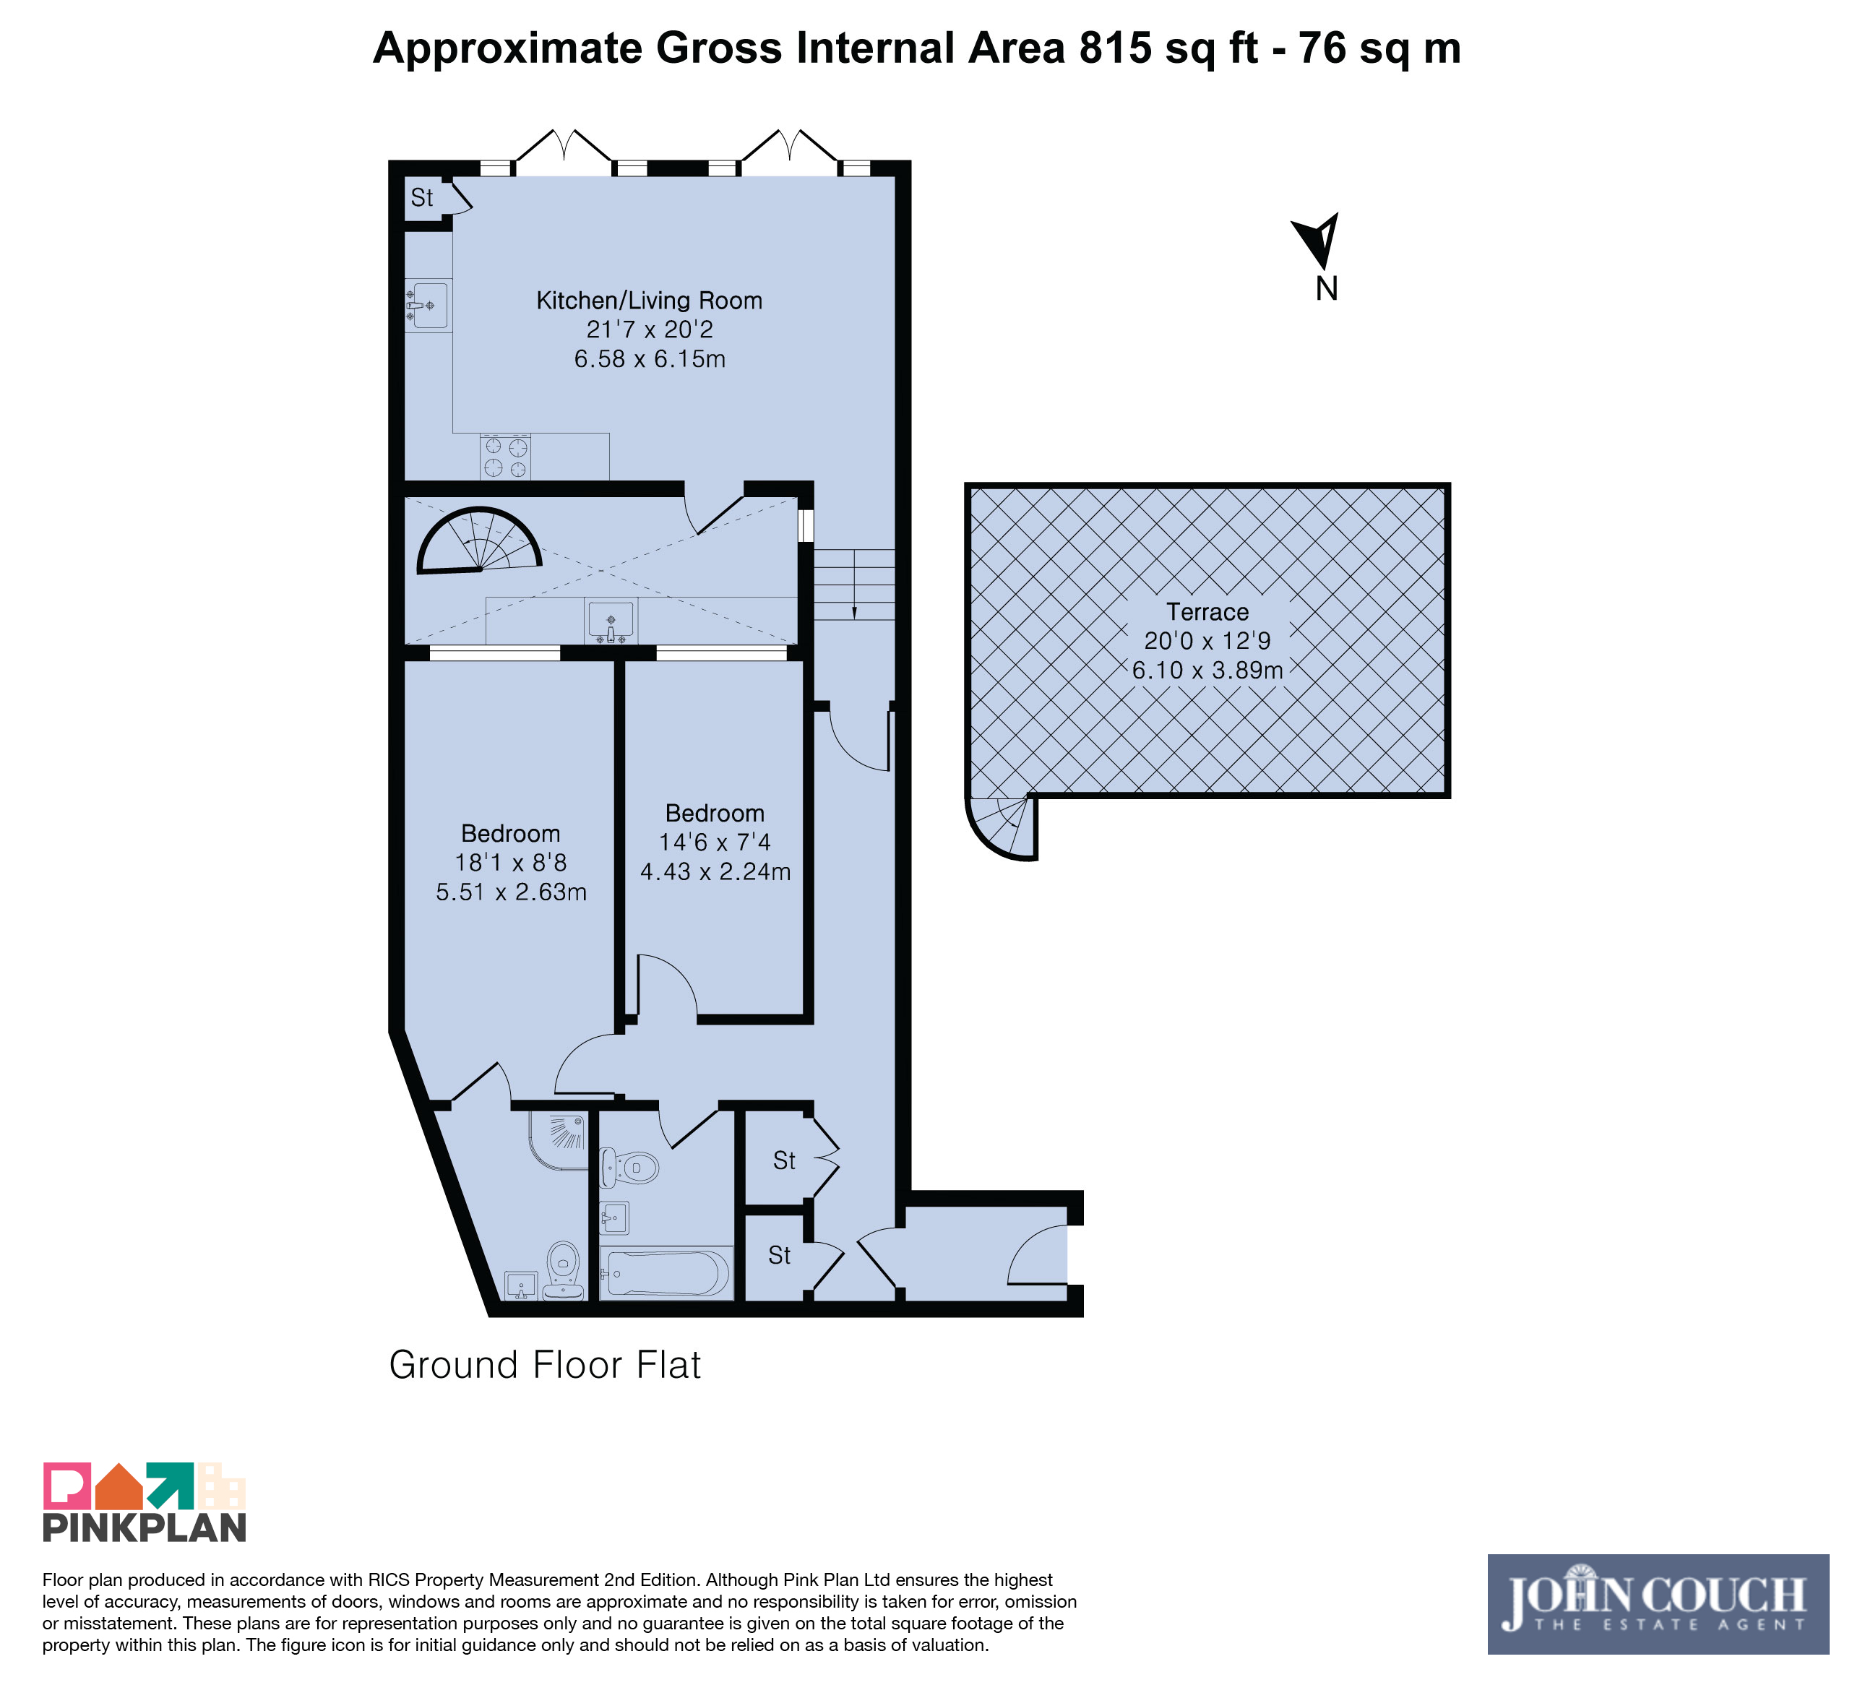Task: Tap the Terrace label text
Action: pos(1207,612)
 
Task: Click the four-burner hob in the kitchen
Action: pos(505,456)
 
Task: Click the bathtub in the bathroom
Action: pos(666,1272)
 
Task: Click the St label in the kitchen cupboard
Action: pos(422,198)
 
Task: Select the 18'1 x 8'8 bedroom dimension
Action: pos(510,863)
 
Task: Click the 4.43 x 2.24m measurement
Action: pos(715,872)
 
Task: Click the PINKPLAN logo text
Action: pos(144,1529)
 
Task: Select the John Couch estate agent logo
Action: pos(1658,1604)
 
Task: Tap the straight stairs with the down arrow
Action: pos(854,585)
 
